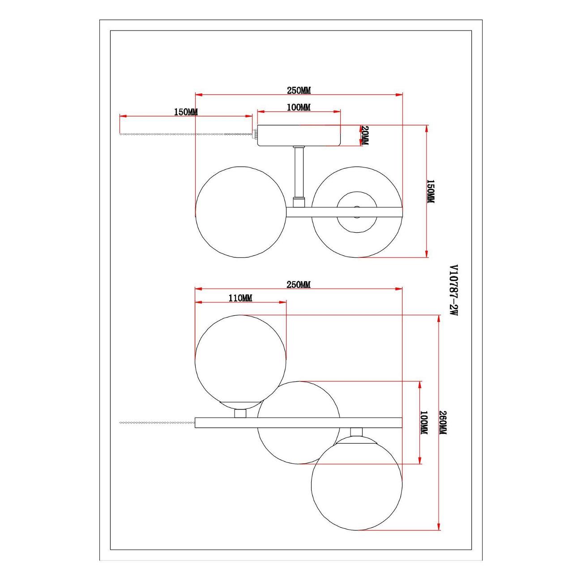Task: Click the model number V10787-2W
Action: (454, 290)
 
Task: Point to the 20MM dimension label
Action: (364, 135)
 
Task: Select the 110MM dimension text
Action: (240, 299)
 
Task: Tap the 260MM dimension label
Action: (442, 423)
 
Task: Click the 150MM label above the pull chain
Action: (186, 112)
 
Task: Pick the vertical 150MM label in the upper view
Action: (430, 192)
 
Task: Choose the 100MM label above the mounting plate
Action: (299, 107)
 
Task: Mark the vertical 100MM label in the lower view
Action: (424, 423)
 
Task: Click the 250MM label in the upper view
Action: (299, 90)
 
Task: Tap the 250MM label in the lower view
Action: (299, 284)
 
